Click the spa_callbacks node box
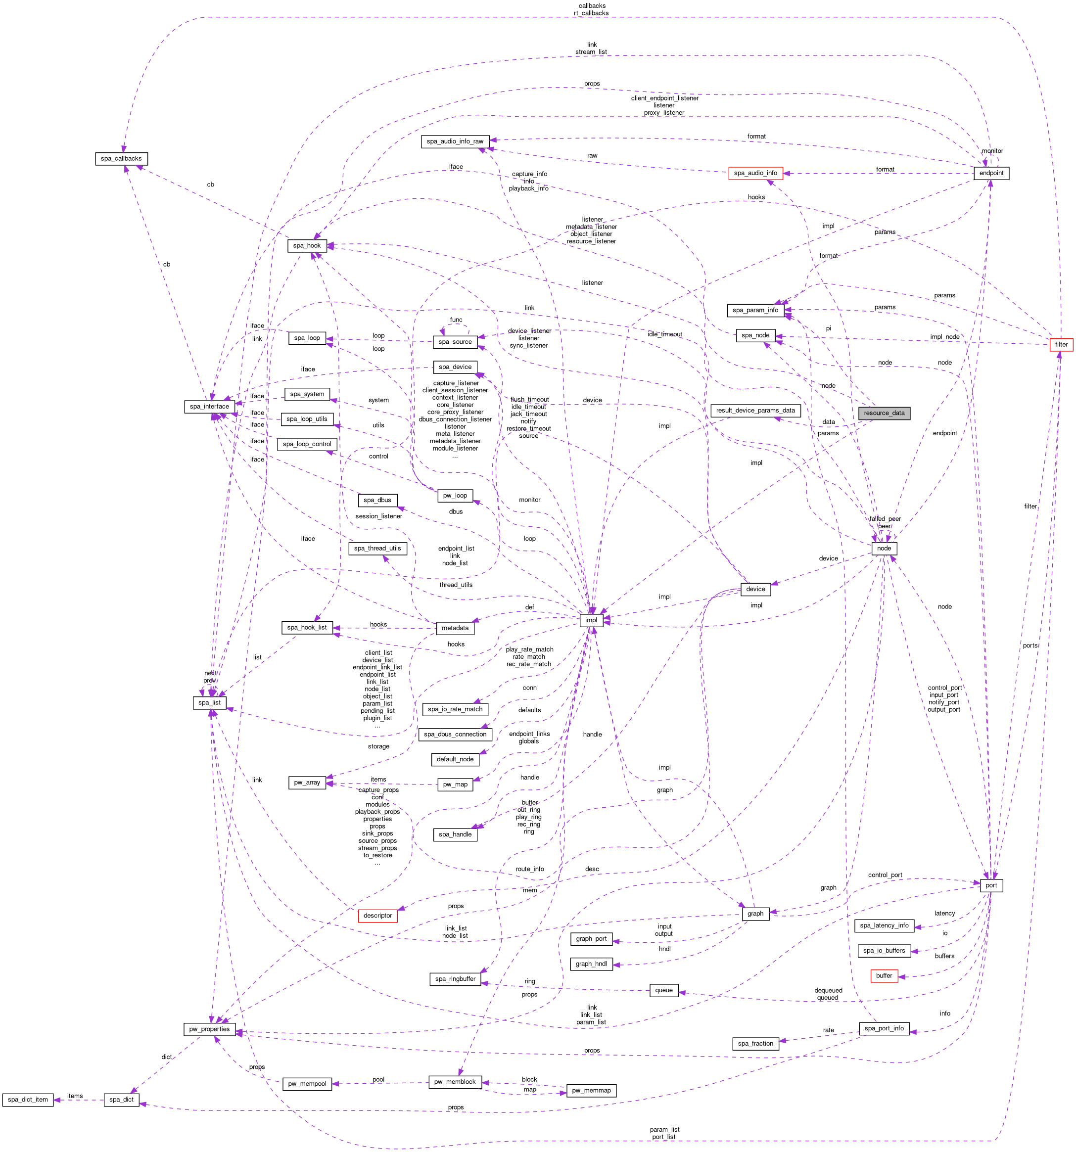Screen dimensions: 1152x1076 pos(121,159)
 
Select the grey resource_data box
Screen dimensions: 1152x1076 pos(884,413)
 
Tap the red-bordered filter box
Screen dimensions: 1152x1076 pos(1061,344)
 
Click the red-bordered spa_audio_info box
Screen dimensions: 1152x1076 pos(755,173)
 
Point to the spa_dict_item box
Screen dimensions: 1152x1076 pos(28,1099)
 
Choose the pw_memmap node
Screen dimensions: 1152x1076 pos(591,1091)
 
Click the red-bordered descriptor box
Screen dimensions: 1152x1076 pos(378,916)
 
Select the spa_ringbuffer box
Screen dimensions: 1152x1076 pos(456,979)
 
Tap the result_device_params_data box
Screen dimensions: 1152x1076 pos(755,410)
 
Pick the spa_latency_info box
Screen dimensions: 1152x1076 pos(884,925)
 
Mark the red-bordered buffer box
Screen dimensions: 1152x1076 pos(884,976)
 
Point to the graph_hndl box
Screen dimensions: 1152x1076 pos(591,964)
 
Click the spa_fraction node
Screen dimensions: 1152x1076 pos(755,1044)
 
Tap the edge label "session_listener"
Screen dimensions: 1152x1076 pos(378,516)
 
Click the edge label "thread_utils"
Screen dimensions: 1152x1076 pos(456,585)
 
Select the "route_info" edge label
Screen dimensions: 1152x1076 pos(530,869)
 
